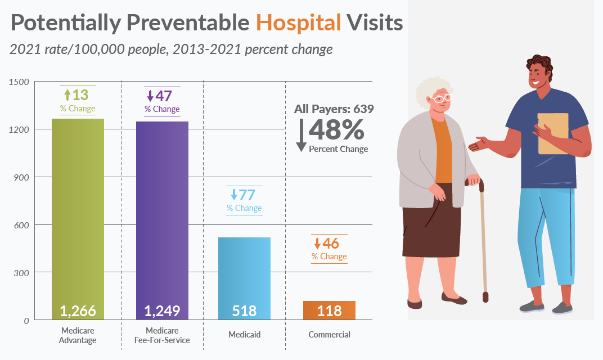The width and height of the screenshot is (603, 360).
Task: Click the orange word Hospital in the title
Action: [298, 22]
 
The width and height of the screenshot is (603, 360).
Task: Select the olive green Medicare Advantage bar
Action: [78, 214]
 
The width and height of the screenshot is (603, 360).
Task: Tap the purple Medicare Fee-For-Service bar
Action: [162, 214]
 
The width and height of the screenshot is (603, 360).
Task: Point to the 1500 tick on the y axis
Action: [20, 82]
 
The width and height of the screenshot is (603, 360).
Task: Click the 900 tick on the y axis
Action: [21, 177]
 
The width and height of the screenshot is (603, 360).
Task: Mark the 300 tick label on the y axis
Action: [21, 273]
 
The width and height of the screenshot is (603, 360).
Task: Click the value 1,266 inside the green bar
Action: [78, 310]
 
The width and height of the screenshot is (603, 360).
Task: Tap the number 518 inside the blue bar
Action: [244, 310]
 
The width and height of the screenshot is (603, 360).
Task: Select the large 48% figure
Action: [336, 130]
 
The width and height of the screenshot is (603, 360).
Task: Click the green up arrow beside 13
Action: [66, 94]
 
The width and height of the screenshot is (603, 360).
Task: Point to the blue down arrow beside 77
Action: [233, 195]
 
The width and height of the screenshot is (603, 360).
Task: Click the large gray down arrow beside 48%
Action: [301, 134]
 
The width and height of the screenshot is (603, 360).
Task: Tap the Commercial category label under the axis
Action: [329, 335]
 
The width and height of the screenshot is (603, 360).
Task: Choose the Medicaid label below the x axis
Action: [244, 335]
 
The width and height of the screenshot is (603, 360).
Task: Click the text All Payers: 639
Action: [334, 109]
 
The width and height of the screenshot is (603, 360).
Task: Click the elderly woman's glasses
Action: [442, 98]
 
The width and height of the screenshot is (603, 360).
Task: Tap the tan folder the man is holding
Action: [552, 133]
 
